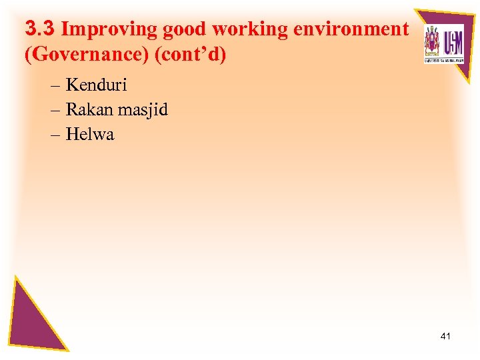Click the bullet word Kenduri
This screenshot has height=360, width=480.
pyautogui.click(x=96, y=85)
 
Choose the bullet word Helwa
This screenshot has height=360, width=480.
pyautogui.click(x=90, y=134)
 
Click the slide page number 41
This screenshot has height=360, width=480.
pyautogui.click(x=445, y=336)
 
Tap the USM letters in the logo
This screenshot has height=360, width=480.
pyautogui.click(x=453, y=41)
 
